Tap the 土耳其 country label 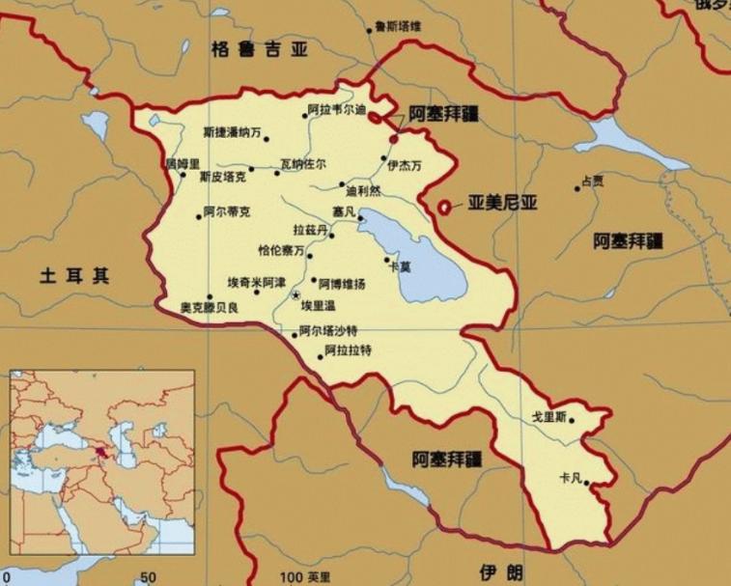tap(74, 276)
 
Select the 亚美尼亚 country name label tap(502, 204)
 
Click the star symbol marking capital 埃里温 tap(296, 294)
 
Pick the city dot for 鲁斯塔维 tap(369, 31)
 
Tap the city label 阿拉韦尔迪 tap(337, 109)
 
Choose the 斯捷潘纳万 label tap(232, 131)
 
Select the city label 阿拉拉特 tap(349, 349)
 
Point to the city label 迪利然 tap(363, 189)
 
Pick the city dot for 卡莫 tap(388, 259)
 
